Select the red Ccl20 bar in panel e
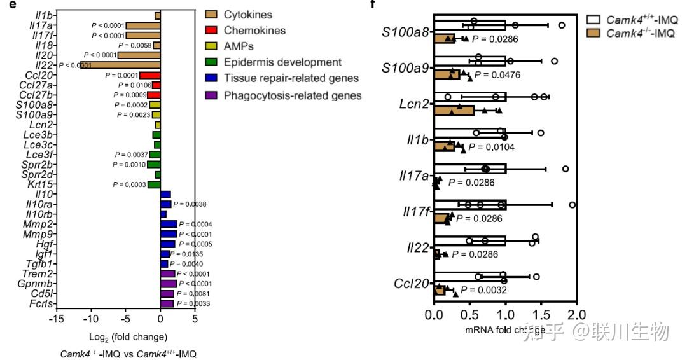pos(150,75)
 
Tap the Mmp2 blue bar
pos(169,224)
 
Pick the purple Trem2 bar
pos(168,273)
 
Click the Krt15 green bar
pos(154,184)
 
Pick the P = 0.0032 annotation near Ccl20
pos(483,290)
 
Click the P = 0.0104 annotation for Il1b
pos(491,148)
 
